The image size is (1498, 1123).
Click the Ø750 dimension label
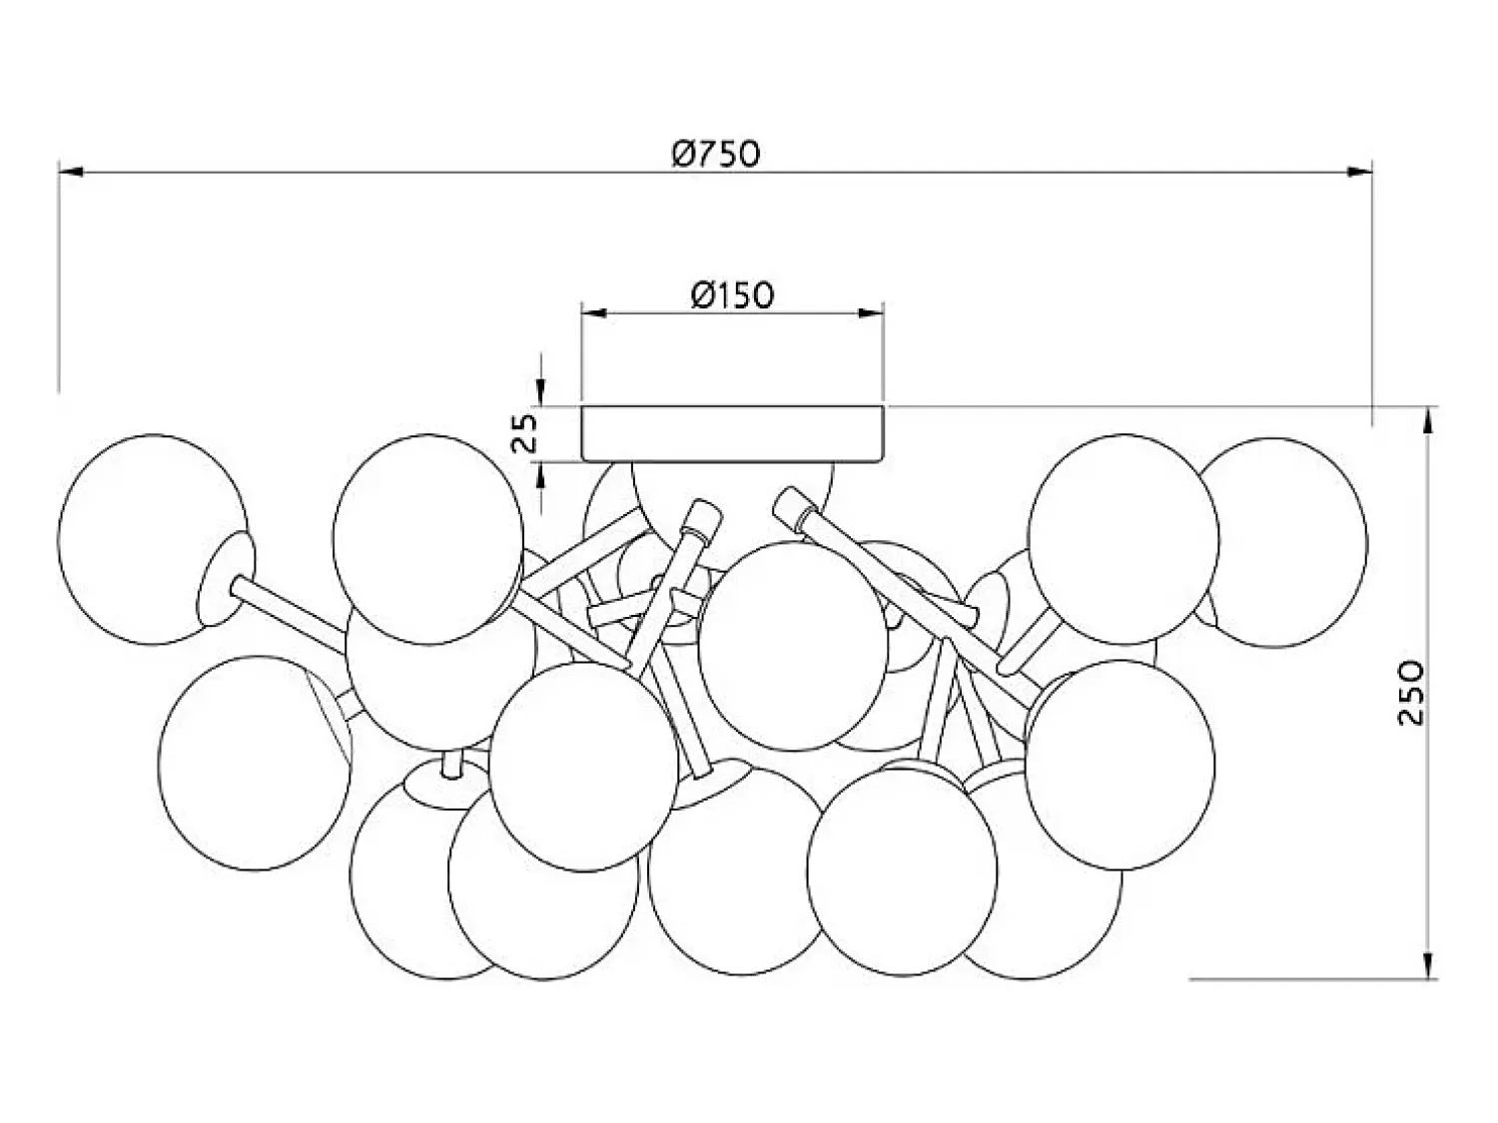[714, 154]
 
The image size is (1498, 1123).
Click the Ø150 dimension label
[732, 295]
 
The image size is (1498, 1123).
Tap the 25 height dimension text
[525, 433]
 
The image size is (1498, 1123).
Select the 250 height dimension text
[1411, 693]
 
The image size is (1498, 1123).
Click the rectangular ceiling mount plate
[732, 433]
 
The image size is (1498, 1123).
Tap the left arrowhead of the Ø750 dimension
[71, 172]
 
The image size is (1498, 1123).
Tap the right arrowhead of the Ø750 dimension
[1359, 172]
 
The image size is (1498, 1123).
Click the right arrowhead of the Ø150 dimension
[871, 313]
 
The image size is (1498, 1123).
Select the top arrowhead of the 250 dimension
[1427, 420]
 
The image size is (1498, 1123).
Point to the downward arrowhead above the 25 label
[541, 393]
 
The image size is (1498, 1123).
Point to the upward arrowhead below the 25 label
[541, 476]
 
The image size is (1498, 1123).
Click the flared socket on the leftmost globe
[226, 579]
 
